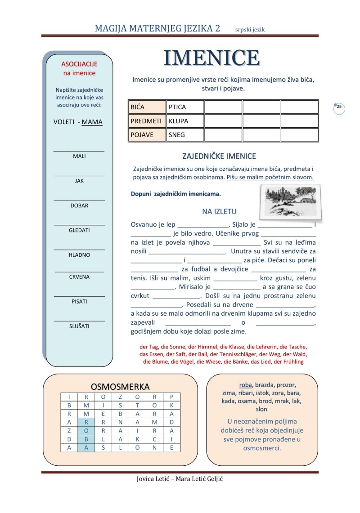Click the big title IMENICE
click(x=211, y=58)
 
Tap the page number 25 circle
click(x=339, y=107)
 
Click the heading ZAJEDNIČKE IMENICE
click(x=219, y=156)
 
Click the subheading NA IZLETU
click(x=219, y=211)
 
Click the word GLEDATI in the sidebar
click(x=79, y=230)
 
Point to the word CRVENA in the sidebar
click(x=79, y=277)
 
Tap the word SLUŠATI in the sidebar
click(x=79, y=326)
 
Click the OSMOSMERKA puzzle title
click(x=120, y=387)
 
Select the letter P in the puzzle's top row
click(x=171, y=397)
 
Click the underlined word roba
click(x=245, y=385)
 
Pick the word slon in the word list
click(x=261, y=409)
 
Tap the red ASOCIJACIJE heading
click(x=79, y=64)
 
